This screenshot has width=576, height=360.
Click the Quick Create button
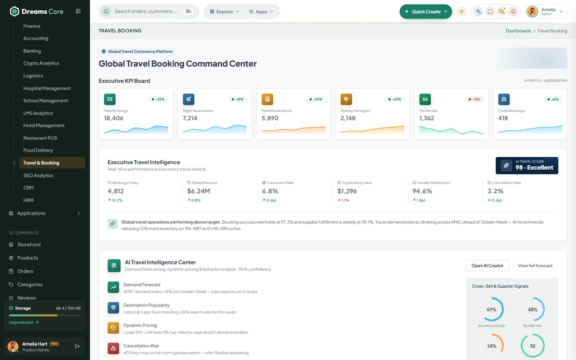pyautogui.click(x=426, y=12)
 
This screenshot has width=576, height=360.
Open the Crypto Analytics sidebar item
pyautogui.click(x=41, y=63)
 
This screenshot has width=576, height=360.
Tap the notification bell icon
pyautogui.click(x=513, y=12)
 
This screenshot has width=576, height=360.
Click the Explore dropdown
pyautogui.click(x=225, y=12)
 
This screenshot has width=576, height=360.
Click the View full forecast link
pyautogui.click(x=535, y=266)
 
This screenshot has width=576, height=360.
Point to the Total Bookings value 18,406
pyautogui.click(x=114, y=118)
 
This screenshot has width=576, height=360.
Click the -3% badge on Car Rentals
pyautogui.click(x=474, y=99)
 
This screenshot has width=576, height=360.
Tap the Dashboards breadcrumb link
pyautogui.click(x=518, y=31)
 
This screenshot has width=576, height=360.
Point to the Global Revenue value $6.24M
pyautogui.click(x=198, y=191)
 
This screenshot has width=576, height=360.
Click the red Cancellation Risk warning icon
pyautogui.click(x=113, y=348)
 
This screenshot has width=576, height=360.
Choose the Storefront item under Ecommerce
pyautogui.click(x=29, y=244)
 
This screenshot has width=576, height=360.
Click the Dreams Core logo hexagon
pyautogui.click(x=14, y=11)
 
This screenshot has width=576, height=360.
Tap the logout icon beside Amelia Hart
pyautogui.click(x=77, y=346)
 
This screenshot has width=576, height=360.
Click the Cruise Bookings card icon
pyautogui.click(x=504, y=99)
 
